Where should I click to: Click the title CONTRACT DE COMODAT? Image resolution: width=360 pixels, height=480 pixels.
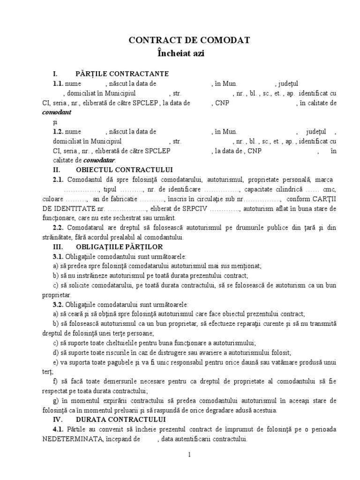[189, 41]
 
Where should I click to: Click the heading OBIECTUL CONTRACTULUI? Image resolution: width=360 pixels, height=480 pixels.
[124, 169]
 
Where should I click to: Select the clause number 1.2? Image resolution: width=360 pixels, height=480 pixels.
[58, 132]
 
